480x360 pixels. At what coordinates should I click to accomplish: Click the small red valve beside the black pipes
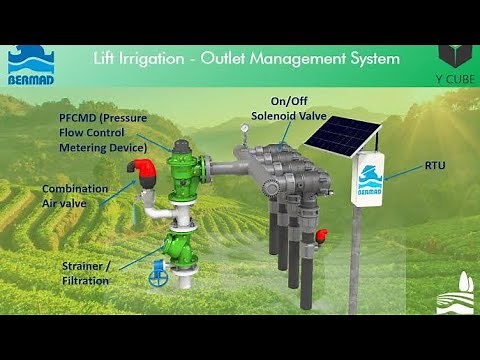point(322,235)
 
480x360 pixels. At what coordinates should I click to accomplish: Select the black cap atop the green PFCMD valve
point(181,145)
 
